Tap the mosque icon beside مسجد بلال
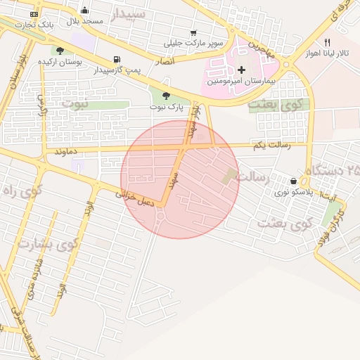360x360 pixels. pyautogui.click(x=85, y=11)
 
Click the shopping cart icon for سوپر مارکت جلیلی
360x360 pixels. pyautogui.click(x=193, y=33)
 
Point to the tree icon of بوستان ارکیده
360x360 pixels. pyautogui.click(x=60, y=51)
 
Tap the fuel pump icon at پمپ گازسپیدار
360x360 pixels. pyautogui.click(x=115, y=60)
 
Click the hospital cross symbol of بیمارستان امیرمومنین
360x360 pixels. pyautogui.click(x=242, y=70)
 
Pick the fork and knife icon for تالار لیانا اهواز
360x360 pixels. pyautogui.click(x=327, y=42)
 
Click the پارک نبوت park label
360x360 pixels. pyautogui.click(x=166, y=107)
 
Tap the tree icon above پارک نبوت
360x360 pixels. pyautogui.click(x=166, y=96)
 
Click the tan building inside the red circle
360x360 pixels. pyautogui.click(x=230, y=176)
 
